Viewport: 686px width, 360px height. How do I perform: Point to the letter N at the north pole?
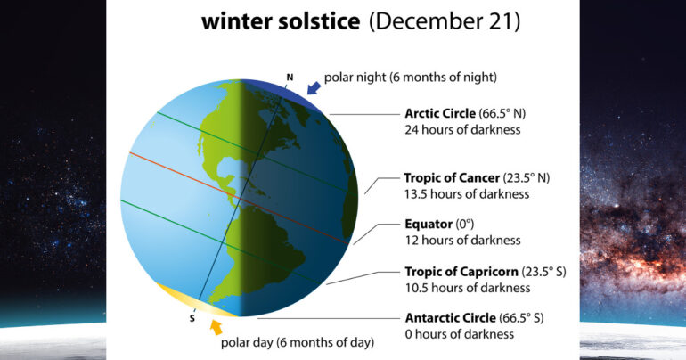click(x=289, y=77)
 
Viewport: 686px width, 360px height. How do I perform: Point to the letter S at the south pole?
click(x=192, y=318)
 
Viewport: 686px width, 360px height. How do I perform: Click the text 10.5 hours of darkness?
click(x=467, y=287)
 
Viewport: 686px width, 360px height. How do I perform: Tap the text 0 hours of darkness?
click(x=460, y=334)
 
